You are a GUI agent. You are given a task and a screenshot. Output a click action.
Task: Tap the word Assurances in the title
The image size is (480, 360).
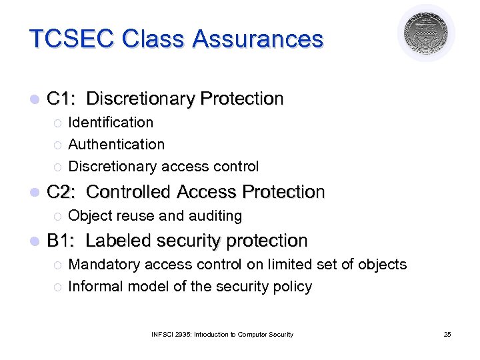(258, 39)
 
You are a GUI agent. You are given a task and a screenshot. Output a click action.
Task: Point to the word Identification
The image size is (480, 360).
(111, 123)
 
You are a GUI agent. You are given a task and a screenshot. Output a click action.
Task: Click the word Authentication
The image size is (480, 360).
(117, 145)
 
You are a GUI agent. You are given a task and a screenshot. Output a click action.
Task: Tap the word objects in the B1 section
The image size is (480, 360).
(383, 265)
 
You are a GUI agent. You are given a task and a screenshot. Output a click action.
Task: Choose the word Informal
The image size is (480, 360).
(94, 287)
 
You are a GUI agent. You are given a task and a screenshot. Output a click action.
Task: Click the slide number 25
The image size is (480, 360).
(447, 334)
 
